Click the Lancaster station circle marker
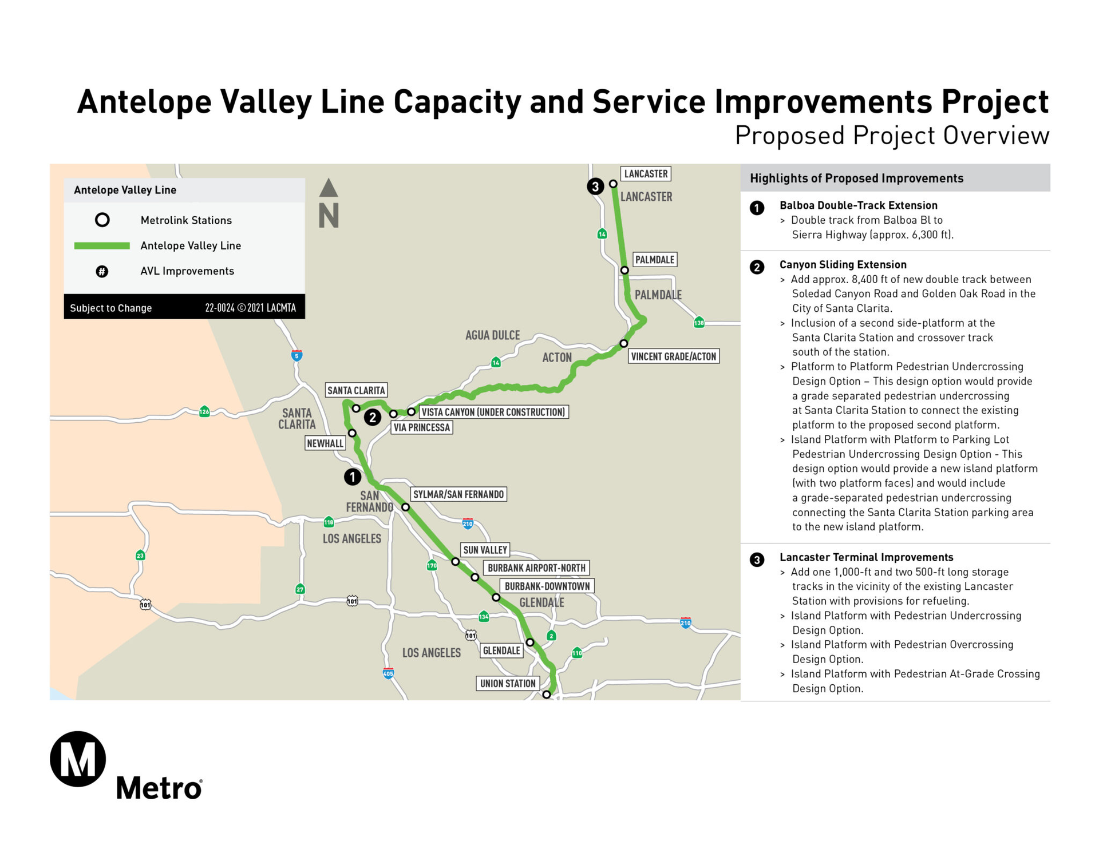coord(613,184)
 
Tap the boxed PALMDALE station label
coord(655,260)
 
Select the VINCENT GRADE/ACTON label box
coord(673,356)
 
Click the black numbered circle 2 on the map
coord(373,418)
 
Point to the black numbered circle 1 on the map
coord(353,477)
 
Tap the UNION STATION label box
coord(508,684)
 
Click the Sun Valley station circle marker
coord(455,562)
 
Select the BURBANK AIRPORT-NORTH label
coord(536,568)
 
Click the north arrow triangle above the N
coord(329,188)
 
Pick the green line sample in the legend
coord(102,246)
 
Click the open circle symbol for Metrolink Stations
coord(102,220)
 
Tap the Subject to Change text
coord(111,308)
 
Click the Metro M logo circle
coord(78,759)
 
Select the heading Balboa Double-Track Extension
coord(858,205)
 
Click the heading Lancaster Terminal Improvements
coord(866,557)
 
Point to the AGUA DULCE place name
coord(492,335)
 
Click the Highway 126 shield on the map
coord(204,412)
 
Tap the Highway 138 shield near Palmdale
coord(699,323)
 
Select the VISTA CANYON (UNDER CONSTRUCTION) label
coord(493,412)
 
